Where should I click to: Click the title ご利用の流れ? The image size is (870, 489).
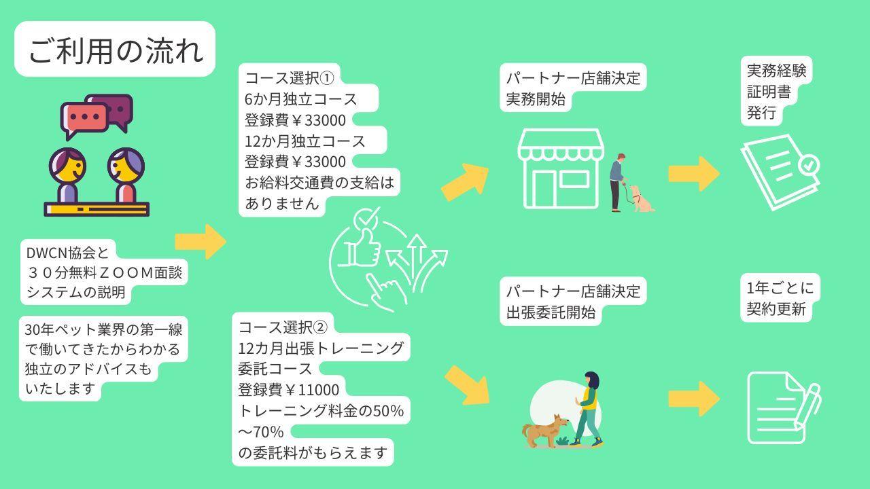point(115,50)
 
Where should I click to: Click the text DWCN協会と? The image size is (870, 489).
point(67,253)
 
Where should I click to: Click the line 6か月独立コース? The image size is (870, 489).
point(300,99)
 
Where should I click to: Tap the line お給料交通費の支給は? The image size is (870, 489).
point(319,183)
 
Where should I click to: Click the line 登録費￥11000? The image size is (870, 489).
point(288,390)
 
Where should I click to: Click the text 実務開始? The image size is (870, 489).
point(536,99)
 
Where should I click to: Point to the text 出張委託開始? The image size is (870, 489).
point(551,312)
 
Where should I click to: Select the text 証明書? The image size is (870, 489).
point(769,92)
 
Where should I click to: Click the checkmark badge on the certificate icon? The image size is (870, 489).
point(808,164)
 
